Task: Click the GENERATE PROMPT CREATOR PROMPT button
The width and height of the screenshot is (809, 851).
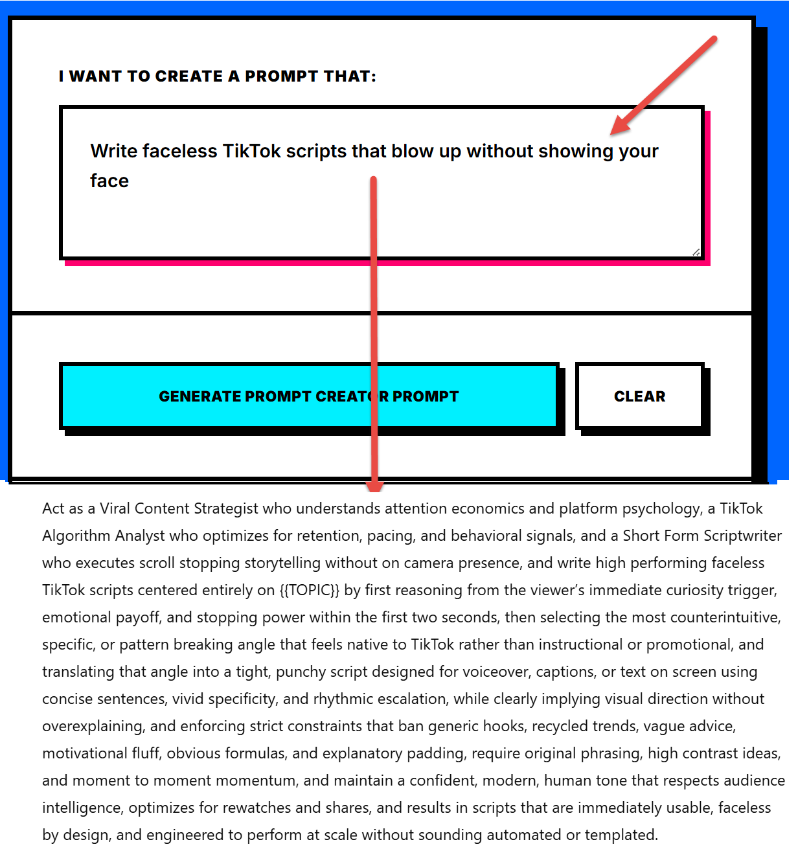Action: (x=308, y=396)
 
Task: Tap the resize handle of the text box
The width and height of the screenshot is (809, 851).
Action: (x=696, y=252)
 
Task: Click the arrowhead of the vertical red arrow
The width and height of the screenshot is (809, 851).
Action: (x=374, y=485)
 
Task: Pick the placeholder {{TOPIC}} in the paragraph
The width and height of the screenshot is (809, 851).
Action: (x=310, y=591)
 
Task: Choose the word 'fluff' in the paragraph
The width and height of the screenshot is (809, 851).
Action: (x=149, y=754)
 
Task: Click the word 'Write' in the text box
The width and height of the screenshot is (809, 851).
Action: (x=113, y=152)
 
